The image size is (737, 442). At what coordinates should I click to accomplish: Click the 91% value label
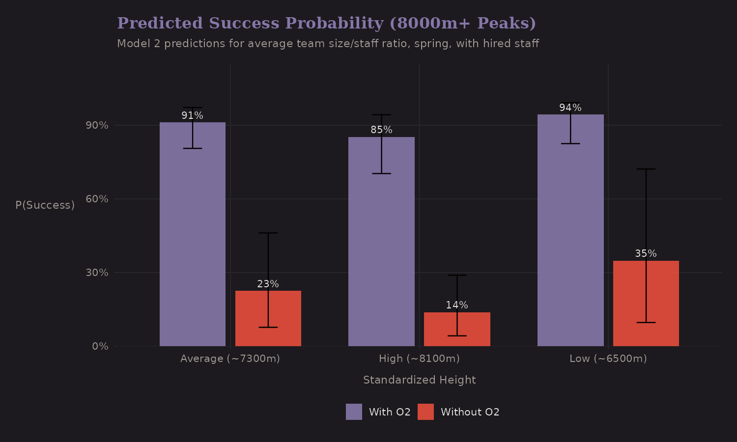pos(192,115)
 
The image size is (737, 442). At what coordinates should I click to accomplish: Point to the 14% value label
pos(457,305)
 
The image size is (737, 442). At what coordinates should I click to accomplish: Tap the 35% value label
pos(646,253)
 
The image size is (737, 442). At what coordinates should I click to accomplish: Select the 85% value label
pos(381,130)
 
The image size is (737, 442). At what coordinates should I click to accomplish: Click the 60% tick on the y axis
pos(97,199)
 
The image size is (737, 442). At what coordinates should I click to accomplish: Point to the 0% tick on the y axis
pos(100,346)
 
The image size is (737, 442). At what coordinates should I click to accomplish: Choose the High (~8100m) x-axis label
pos(419,359)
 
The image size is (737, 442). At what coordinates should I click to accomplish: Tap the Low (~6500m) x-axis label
pos(608,359)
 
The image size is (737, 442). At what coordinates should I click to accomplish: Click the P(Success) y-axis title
pos(45,205)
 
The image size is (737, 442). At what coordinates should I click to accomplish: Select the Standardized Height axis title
pos(419,380)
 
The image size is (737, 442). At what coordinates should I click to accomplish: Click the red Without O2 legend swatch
pos(425,412)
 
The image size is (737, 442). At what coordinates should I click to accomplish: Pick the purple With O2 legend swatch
pos(354,412)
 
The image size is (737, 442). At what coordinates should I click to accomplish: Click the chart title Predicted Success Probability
pos(326,23)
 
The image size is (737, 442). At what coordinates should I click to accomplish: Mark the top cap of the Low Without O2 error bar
pos(646,169)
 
